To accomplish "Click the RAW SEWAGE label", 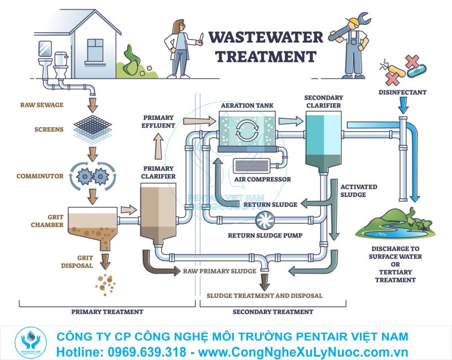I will pyautogui.click(x=42, y=105).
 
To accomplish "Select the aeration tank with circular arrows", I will pyautogui.click(x=246, y=131).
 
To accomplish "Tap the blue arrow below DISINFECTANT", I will pyautogui.click(x=403, y=105).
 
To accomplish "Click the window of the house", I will pyautogui.click(x=95, y=50).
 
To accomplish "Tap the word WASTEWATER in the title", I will pyautogui.click(x=266, y=37).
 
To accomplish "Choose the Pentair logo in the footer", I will pyautogui.click(x=28, y=341).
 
